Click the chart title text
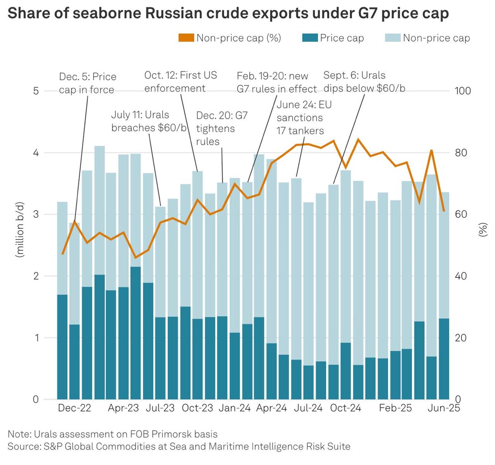click(228, 14)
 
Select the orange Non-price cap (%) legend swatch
click(186, 38)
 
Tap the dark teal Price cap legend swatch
click(310, 38)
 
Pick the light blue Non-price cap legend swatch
click(392, 38)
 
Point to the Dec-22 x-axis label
click(74, 408)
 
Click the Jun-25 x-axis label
click(443, 408)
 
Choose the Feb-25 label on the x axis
click(395, 408)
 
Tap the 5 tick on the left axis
click(36, 91)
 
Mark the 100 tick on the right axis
click(462, 91)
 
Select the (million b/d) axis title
click(19, 230)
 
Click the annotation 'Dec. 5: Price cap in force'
click(87, 83)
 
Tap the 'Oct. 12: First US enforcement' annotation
click(180, 82)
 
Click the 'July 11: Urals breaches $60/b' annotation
click(148, 121)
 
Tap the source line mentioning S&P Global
click(179, 446)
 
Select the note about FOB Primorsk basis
click(112, 434)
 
